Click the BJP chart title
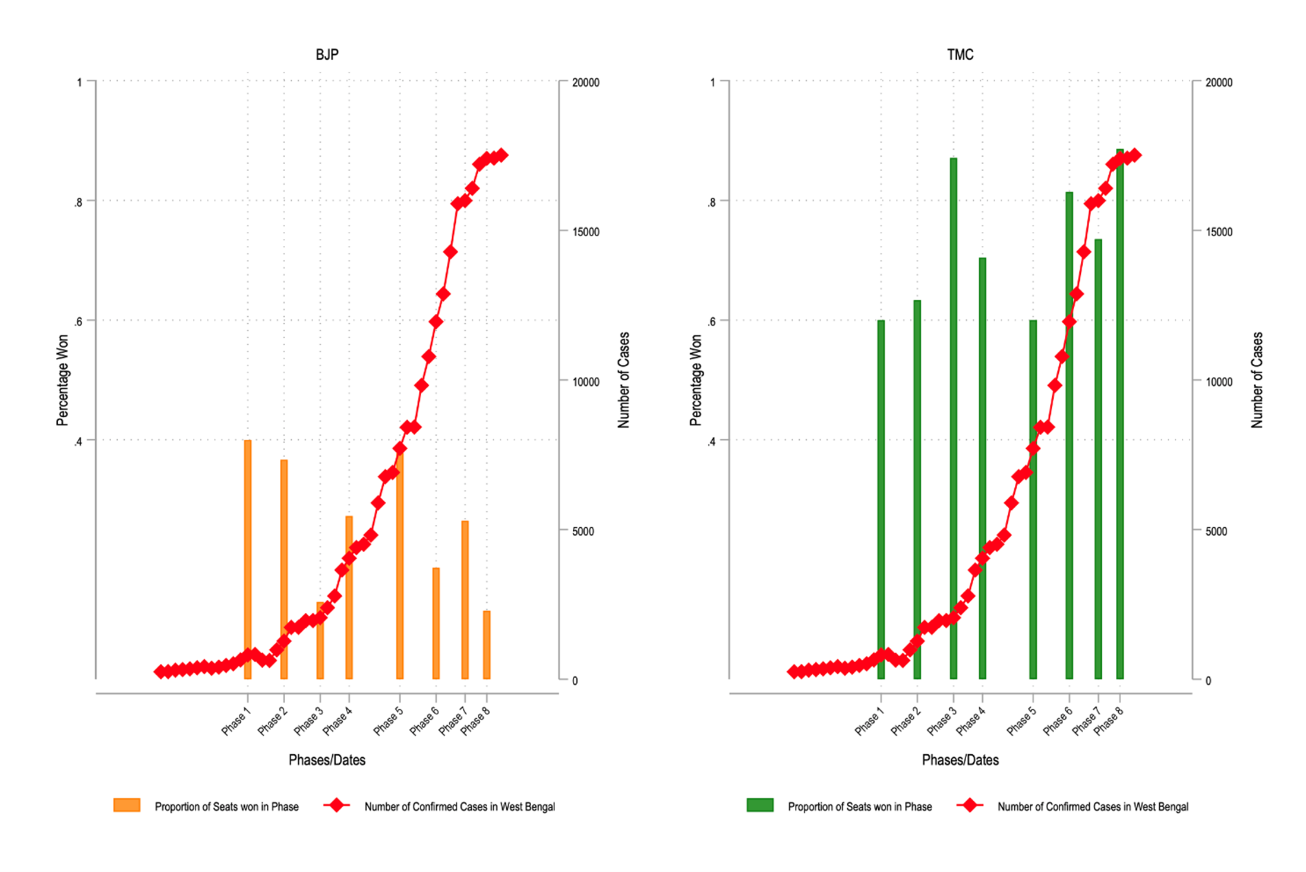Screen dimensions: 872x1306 click(327, 55)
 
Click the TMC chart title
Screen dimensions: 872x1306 click(960, 55)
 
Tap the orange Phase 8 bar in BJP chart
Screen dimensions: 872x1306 click(487, 645)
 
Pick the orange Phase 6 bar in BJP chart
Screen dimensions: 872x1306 click(436, 624)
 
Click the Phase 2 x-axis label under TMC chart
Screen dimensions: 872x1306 click(905, 720)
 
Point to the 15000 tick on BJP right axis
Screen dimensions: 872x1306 click(585, 232)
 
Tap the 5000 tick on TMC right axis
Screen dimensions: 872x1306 click(1216, 531)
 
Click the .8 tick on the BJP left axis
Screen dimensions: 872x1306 click(78, 202)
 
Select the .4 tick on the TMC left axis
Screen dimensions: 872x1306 click(711, 442)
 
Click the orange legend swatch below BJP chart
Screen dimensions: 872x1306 click(127, 805)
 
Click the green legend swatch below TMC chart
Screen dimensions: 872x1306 click(759, 805)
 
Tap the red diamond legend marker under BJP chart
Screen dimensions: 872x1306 click(337, 805)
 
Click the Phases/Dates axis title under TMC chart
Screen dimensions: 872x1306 click(960, 760)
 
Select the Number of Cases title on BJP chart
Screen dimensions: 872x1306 click(623, 380)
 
